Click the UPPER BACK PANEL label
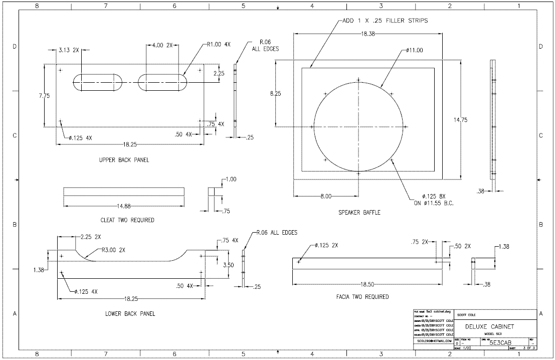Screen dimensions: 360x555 [124, 160]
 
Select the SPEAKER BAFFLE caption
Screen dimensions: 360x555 [359, 213]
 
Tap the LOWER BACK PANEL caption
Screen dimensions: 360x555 [130, 314]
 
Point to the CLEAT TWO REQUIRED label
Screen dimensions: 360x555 [127, 220]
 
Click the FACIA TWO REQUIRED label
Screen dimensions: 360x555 [362, 297]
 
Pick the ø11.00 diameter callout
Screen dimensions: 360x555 [415, 50]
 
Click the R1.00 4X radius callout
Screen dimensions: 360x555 [219, 44]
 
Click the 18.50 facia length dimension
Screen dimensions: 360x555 [367, 284]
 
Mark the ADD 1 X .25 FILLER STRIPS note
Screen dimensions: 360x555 [385, 21]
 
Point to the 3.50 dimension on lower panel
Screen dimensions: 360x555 [228, 265]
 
